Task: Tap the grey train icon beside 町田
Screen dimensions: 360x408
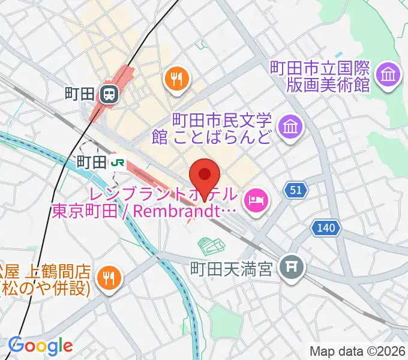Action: tap(109, 94)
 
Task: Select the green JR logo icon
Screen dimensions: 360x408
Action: tap(117, 161)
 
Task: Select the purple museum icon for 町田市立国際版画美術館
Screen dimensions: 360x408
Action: tap(387, 75)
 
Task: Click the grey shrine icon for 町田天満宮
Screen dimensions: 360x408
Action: tap(292, 264)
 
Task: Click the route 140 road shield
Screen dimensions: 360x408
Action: tap(326, 227)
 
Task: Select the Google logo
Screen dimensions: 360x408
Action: tap(41, 346)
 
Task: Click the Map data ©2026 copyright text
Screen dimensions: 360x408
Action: tap(358, 351)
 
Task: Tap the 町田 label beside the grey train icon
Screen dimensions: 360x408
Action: tap(80, 94)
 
